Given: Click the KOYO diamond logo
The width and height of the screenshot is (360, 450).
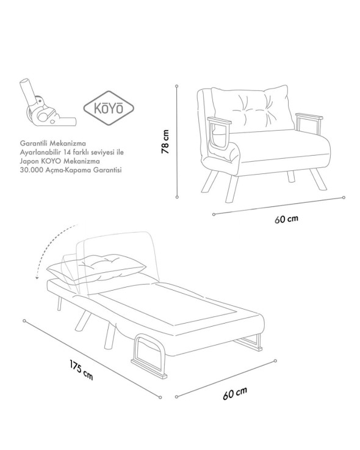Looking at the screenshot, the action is [109, 108].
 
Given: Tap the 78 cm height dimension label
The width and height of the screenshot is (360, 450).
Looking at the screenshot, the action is [165, 142].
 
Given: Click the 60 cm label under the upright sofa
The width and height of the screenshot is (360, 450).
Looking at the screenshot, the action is [286, 219].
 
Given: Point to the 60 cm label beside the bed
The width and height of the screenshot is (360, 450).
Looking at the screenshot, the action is [235, 393].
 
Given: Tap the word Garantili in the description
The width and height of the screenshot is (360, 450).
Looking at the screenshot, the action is [32, 143].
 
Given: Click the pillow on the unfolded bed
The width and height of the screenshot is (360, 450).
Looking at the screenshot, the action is [96, 266].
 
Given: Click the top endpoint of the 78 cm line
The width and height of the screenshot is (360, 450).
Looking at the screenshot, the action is [177, 86].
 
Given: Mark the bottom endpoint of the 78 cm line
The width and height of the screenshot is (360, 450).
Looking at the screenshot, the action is [177, 197].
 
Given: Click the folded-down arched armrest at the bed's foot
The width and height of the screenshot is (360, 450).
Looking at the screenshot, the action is [149, 355].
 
